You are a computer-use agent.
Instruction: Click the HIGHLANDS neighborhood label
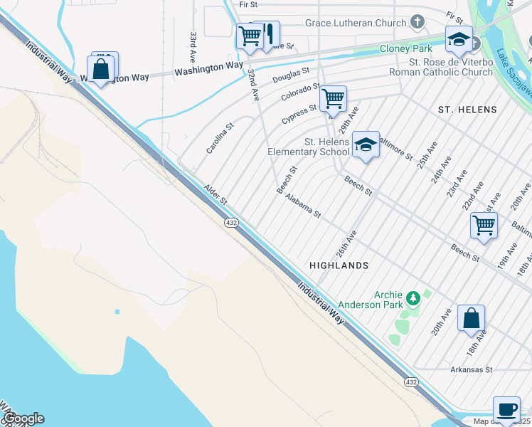coord(339,265)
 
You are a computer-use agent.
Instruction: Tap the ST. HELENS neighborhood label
coord(467,110)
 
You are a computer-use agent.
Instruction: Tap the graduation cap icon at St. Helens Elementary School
coord(366,145)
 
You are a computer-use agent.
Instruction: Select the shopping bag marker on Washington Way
coord(100,70)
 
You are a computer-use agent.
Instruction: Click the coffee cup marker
coord(506,409)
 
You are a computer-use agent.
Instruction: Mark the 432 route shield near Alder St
coord(231,223)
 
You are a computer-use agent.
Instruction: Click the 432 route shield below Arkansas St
coord(411,382)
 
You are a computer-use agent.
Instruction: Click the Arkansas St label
coord(472,369)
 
